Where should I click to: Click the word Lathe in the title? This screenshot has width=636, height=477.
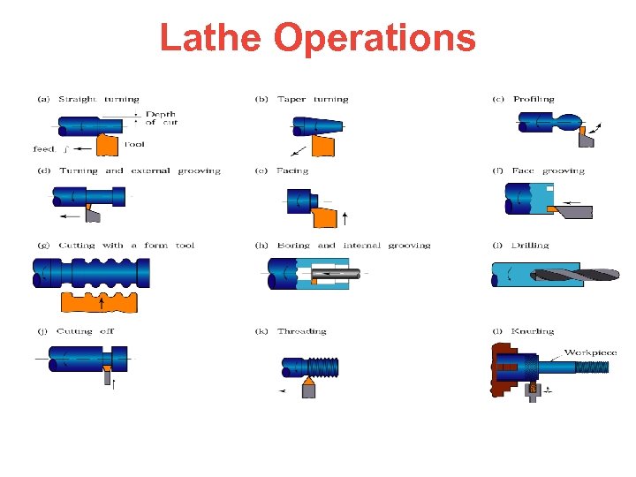[x=211, y=38]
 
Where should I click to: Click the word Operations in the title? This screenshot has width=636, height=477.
[x=375, y=38]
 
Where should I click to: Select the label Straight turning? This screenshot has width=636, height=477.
[x=99, y=100]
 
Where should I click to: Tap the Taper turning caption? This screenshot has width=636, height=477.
[x=313, y=100]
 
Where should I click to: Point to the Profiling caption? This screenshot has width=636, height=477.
[x=534, y=100]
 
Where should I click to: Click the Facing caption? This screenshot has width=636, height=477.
[x=292, y=170]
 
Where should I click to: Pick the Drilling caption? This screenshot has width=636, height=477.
[x=530, y=246]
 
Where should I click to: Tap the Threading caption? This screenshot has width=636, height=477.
[x=302, y=331]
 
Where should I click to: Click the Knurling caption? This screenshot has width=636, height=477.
[x=533, y=331]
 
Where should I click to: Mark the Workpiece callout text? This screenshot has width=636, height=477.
[x=590, y=352]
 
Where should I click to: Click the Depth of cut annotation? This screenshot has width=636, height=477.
[x=161, y=118]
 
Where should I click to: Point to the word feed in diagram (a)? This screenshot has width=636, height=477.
[x=44, y=148]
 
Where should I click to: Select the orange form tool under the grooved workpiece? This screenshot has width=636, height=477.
[x=100, y=301]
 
